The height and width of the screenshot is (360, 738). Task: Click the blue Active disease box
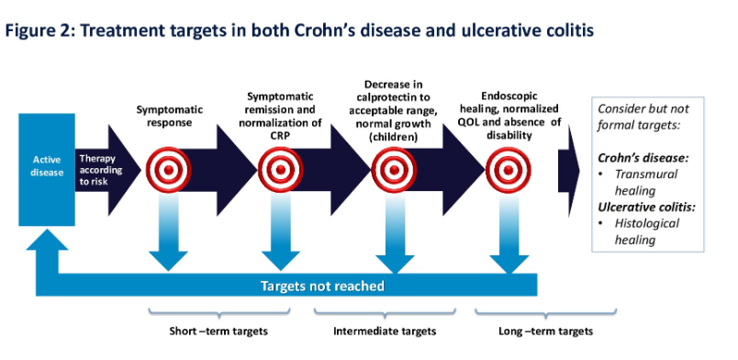[47, 170]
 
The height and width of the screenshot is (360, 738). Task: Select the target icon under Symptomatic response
[168, 170]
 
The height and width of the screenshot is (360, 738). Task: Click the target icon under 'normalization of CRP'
[281, 170]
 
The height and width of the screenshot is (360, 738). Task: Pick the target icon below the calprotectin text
[394, 170]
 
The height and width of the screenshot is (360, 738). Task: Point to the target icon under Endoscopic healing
[509, 170]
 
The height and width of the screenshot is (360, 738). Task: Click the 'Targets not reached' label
[322, 286]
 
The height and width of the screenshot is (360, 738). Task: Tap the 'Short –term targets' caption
[218, 332]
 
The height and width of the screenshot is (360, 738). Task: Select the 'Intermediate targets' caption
[385, 332]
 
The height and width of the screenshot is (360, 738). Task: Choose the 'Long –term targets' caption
[545, 332]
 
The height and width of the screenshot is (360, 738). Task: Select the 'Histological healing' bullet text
[647, 231]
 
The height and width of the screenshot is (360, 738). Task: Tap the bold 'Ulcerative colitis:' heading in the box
[647, 207]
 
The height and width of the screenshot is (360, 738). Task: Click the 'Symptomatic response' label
[170, 116]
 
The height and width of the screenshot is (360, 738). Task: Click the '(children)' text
[394, 138]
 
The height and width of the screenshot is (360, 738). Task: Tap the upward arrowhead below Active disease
[47, 239]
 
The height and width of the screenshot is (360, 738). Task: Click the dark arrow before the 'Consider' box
[568, 171]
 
